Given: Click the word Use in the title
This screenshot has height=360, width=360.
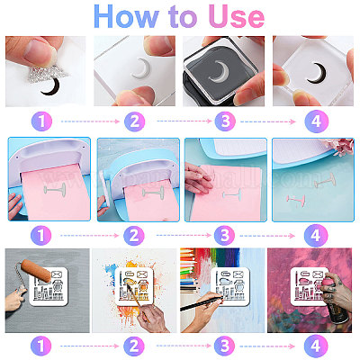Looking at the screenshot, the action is (x=237, y=17).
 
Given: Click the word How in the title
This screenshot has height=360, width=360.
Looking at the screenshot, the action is (x=126, y=17).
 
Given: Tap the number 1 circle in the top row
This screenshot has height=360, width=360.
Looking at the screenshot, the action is (x=41, y=121).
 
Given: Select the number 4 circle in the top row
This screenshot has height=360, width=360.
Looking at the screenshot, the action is (x=316, y=121).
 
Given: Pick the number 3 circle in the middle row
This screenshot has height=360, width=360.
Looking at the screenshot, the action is (x=224, y=236).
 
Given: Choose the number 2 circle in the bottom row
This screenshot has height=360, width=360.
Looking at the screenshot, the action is (x=134, y=346).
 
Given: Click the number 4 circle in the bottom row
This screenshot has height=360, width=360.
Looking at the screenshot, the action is (x=315, y=346).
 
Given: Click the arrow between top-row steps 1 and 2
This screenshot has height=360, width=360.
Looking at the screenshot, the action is (x=90, y=121).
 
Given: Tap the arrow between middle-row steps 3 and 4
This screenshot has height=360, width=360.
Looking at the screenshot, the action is (x=267, y=236).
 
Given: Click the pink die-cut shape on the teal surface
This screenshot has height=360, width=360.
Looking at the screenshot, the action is (x=296, y=199).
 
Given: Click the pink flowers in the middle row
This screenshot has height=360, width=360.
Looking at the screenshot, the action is (x=343, y=147).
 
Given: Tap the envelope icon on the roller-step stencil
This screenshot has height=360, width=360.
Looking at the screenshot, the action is (x=57, y=274).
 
